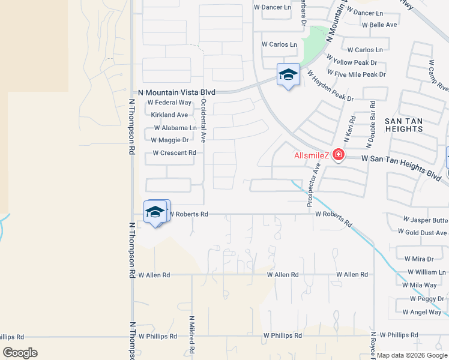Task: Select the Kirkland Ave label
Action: (169, 115)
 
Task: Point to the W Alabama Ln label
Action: (175, 128)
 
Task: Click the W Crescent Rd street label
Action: (174, 153)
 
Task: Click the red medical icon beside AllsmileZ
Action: (339, 155)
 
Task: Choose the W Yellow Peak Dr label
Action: (351, 62)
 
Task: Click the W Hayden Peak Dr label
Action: (331, 86)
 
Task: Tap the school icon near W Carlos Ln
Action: (288, 75)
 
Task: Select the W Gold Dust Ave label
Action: (423, 232)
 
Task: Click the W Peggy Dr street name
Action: (427, 299)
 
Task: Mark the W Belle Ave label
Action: (379, 25)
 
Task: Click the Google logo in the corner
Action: (20, 353)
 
